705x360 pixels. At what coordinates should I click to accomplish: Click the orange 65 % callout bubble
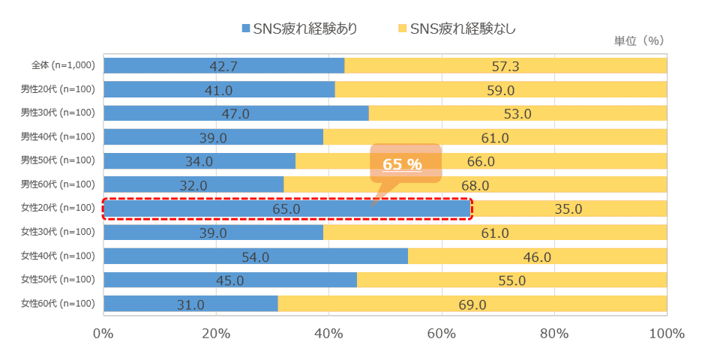pos(403,163)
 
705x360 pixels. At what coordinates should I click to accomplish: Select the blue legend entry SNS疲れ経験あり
pos(298,28)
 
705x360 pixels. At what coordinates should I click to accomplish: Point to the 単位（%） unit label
pos(639,40)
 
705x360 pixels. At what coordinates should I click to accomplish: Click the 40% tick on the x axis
pos(328,334)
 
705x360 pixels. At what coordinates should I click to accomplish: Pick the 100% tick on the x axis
pos(666,334)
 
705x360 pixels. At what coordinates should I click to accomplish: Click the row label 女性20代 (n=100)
pos(58,208)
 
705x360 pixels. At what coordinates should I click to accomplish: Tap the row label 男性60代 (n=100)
pos(58,184)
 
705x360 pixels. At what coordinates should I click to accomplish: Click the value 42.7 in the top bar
pos(223,67)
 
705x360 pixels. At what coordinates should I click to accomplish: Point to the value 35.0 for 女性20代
pos(568,209)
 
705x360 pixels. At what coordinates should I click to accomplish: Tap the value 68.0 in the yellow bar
pos(475,185)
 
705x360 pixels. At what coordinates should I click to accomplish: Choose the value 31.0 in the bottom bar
pos(190,304)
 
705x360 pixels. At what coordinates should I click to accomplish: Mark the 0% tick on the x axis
pos(103,334)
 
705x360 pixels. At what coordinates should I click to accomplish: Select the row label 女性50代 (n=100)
pos(58,280)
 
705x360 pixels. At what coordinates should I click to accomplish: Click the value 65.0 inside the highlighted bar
pos(286,209)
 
